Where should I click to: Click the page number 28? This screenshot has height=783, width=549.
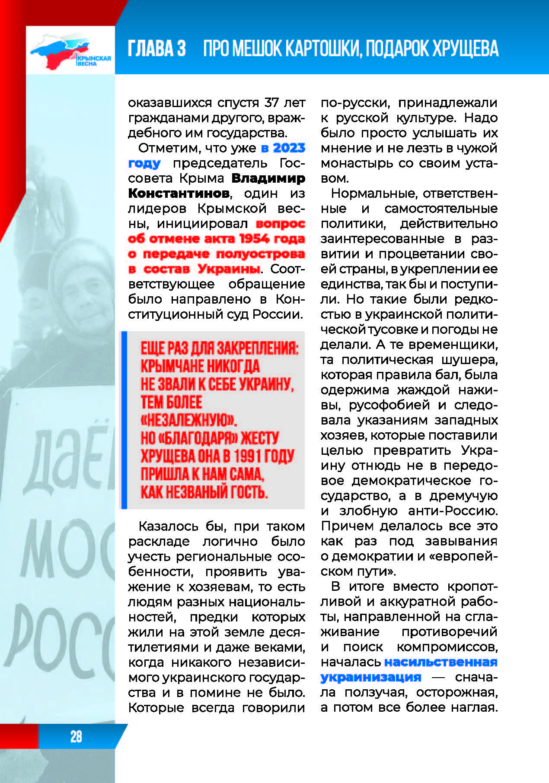pos(76,736)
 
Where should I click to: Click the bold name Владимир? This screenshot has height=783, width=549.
pos(268,178)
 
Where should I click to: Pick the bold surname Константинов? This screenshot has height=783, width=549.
pos(179,193)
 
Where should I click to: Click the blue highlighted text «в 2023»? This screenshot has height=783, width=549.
pos(283,148)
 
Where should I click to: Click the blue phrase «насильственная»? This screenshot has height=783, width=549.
pos(441,662)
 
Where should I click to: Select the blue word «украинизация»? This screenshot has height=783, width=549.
pos(370,677)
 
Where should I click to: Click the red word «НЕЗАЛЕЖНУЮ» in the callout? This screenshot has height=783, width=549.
pos(189,420)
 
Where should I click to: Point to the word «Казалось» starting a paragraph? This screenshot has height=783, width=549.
pos(168,526)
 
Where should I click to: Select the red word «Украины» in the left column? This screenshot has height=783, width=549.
pos(229,269)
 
